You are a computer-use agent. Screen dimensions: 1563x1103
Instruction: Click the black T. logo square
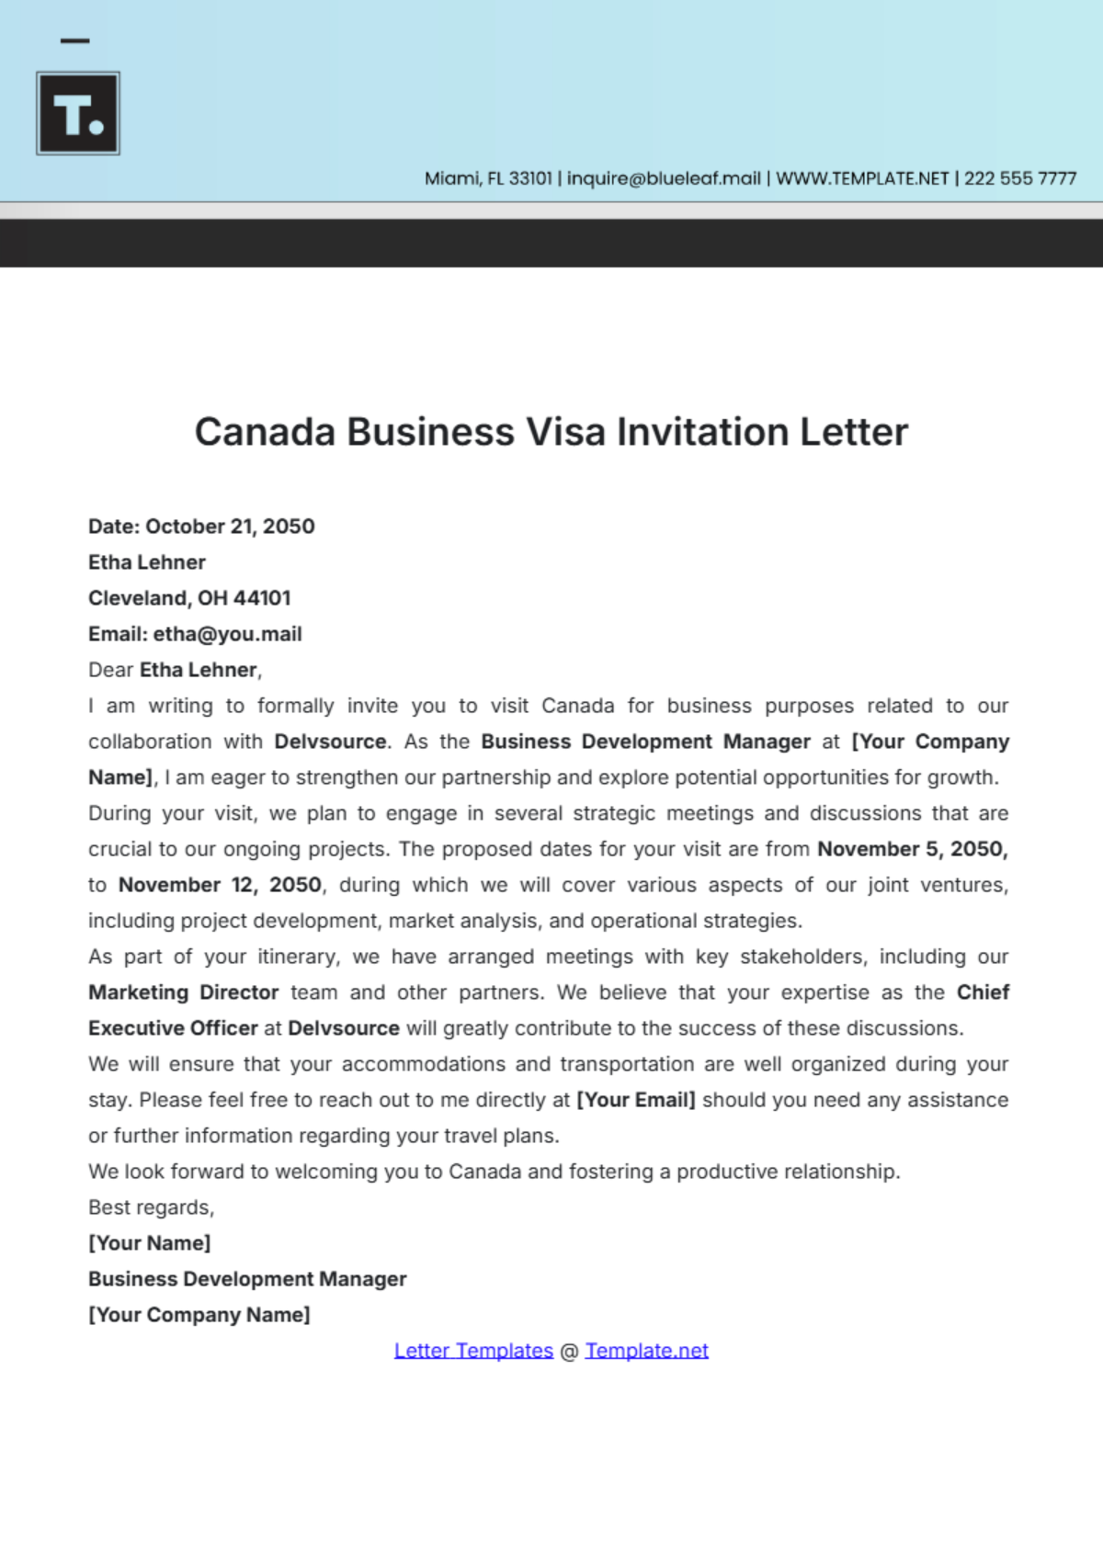(78, 113)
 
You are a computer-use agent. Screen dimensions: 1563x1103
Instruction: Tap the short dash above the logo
(74, 40)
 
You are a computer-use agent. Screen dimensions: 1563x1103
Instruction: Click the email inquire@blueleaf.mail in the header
(664, 178)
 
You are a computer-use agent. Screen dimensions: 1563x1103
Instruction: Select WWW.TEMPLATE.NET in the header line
(862, 178)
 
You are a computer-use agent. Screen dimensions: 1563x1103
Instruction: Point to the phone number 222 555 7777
(1020, 178)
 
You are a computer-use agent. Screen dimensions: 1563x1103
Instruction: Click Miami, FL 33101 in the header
(488, 178)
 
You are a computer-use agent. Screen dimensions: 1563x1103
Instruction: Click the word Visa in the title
(564, 432)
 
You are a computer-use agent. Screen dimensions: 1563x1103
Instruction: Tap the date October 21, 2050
(230, 527)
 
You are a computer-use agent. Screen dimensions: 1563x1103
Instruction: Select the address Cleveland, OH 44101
(189, 598)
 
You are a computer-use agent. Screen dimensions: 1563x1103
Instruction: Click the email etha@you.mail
(227, 634)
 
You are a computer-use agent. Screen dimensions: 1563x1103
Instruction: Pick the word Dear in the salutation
(111, 670)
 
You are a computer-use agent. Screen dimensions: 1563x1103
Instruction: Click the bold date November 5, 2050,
(913, 849)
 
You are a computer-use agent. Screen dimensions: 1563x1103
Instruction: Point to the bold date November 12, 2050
(221, 885)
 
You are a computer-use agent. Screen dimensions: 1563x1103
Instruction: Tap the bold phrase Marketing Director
(183, 992)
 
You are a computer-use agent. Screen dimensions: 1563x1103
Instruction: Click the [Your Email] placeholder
(635, 1100)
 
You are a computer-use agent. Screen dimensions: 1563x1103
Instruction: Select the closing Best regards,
(151, 1207)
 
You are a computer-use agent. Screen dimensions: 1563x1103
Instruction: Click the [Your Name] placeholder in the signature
(149, 1243)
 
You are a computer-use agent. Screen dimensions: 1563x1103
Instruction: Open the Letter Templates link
(473, 1351)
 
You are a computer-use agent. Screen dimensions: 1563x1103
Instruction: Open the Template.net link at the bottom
(646, 1351)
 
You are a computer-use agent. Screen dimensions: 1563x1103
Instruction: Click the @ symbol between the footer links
(569, 1352)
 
